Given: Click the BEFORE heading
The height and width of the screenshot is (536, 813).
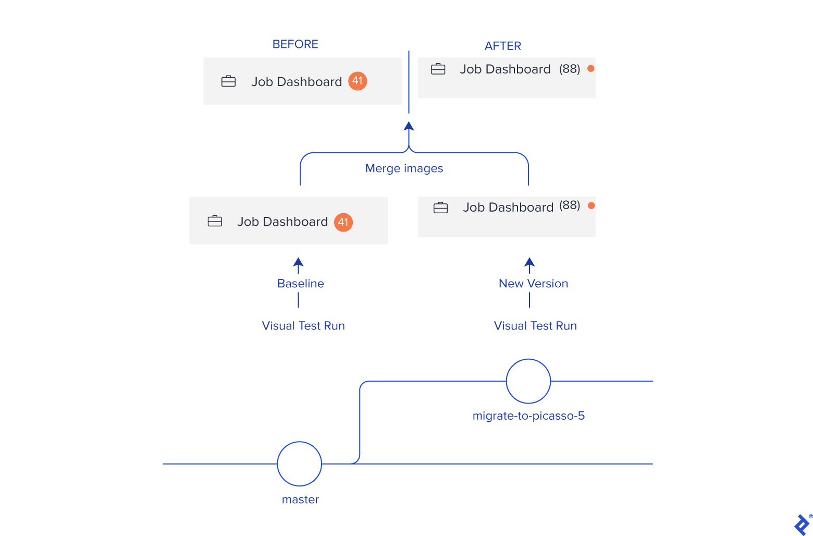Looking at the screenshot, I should pos(295,44).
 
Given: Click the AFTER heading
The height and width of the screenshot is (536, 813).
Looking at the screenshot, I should pos(502,46).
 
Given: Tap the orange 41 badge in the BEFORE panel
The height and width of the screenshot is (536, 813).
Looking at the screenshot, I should pos(358,81).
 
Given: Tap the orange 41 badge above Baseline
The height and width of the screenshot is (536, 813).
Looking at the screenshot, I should pos(343,222).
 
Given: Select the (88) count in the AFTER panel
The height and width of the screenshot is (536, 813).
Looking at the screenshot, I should pos(570,69).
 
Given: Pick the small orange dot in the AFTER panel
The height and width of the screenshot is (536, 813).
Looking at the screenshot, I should pos(591,68).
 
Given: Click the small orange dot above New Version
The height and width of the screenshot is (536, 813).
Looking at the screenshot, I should pos(592,205).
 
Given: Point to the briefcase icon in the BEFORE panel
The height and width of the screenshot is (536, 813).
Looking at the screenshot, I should pos(229,81).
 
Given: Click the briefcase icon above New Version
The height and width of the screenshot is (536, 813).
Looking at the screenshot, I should pos(441,208).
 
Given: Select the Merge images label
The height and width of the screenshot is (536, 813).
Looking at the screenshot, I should pos(404,168).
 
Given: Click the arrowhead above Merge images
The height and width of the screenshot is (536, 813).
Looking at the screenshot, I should pos(409,126).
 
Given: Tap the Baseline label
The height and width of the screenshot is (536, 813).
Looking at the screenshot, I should pos(301,284).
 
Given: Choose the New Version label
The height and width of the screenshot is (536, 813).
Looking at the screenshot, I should pos(533,284).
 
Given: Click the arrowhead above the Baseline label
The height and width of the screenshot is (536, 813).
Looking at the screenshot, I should pos(299,262).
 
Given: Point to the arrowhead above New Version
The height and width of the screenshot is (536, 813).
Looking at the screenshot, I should pos(529,262).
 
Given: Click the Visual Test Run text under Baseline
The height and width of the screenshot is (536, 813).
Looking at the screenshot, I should pos(303,326).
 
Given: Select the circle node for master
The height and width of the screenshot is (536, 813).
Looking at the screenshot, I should pos(300,464).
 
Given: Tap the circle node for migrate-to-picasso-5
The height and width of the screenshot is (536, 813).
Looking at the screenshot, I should pos(528,381).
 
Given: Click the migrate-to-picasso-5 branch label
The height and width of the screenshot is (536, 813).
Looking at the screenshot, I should pos(528,416).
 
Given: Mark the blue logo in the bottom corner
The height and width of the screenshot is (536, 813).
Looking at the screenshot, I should pos(802,525).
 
